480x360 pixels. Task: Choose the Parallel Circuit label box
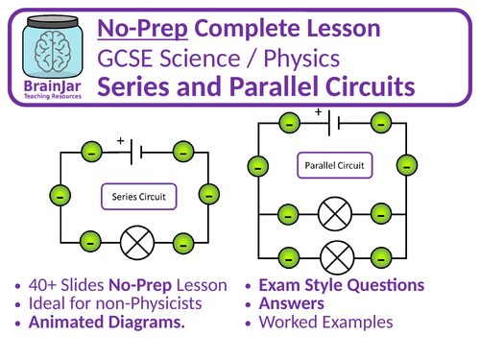tap(334, 164)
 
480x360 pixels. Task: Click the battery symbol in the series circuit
tap(138, 152)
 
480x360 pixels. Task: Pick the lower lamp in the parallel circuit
tap(335, 257)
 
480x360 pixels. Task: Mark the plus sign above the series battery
tap(121, 140)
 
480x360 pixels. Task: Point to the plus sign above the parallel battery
tap(317, 111)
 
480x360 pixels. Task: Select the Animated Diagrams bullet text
tap(107, 323)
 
